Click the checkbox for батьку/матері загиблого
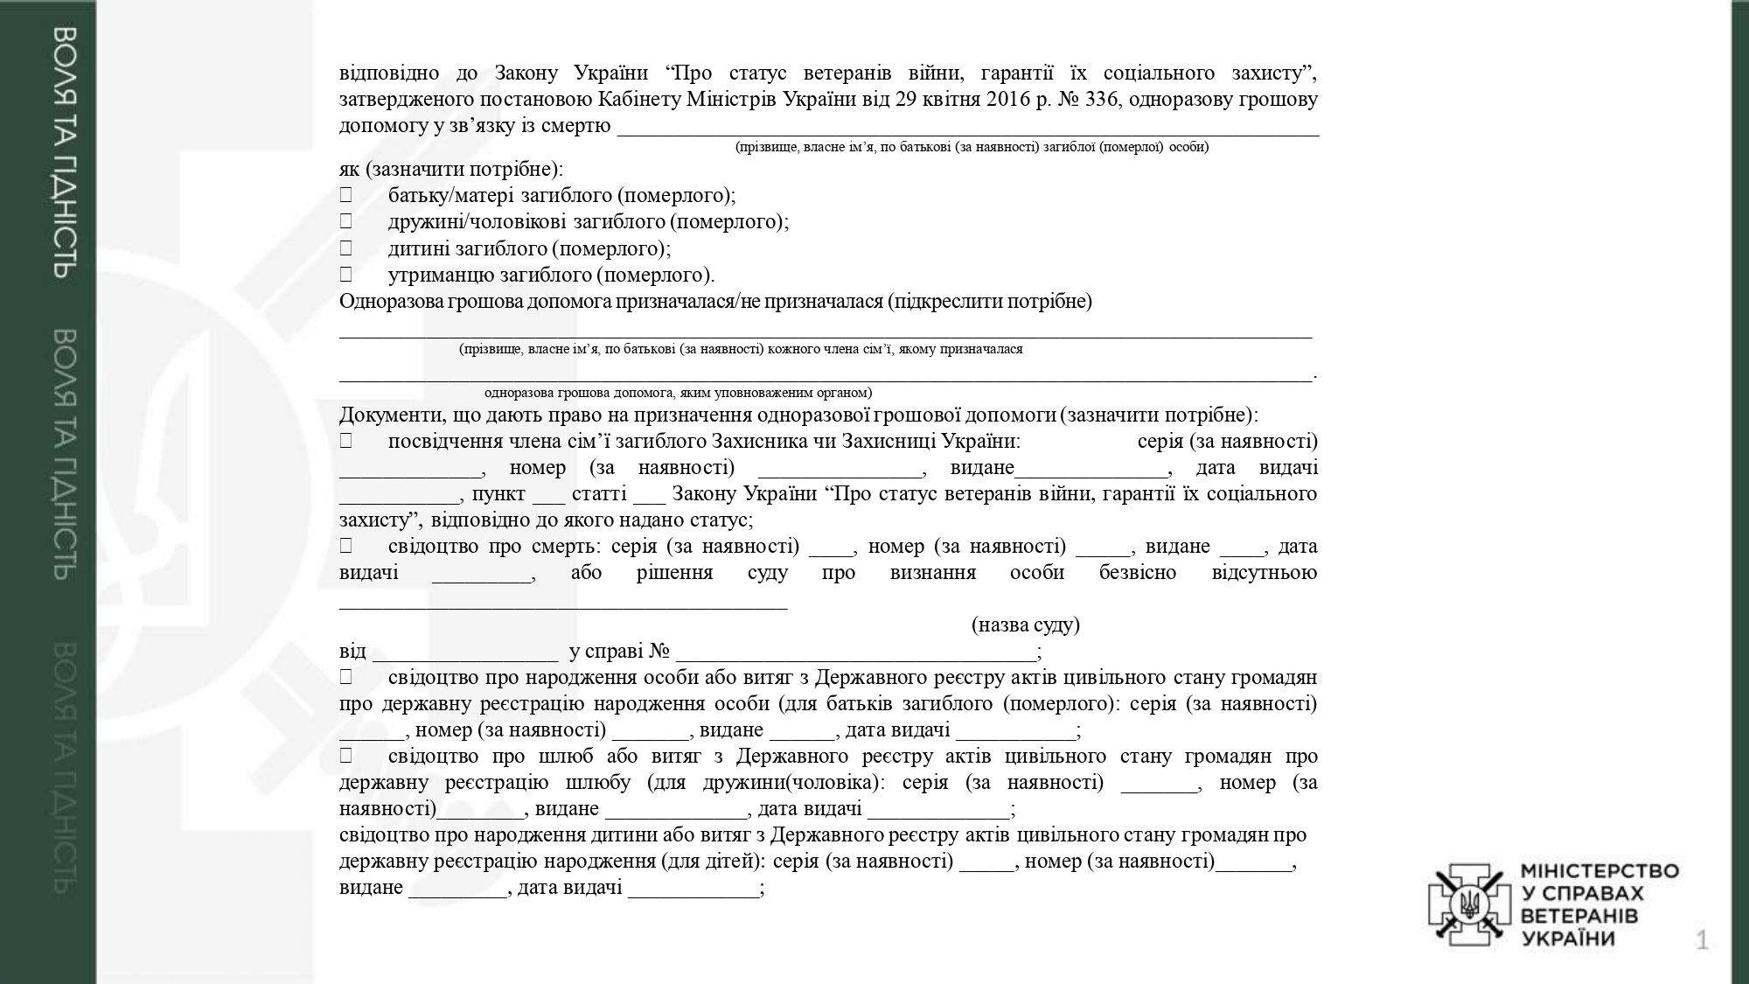click(346, 195)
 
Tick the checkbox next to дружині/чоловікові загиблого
click(346, 221)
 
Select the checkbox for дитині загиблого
click(346, 248)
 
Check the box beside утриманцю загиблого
click(346, 275)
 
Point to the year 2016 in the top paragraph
click(1008, 99)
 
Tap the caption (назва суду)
click(1025, 625)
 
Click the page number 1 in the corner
click(1702, 941)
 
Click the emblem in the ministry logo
click(1469, 904)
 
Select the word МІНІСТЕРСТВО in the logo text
click(1599, 871)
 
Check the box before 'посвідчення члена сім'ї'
click(346, 442)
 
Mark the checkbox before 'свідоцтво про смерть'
click(346, 546)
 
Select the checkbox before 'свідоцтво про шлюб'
click(346, 756)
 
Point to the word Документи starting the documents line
click(384, 415)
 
